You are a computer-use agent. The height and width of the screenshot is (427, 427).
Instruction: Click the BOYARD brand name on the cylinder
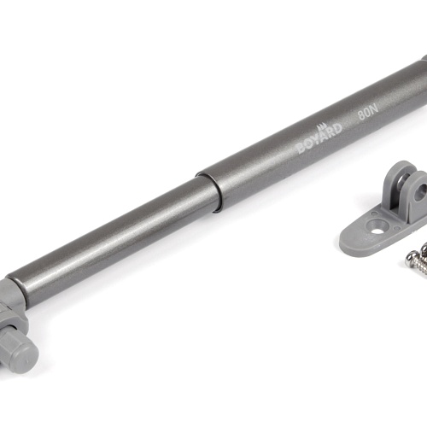click(x=319, y=138)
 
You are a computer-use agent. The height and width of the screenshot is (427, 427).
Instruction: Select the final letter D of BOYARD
click(x=336, y=128)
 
